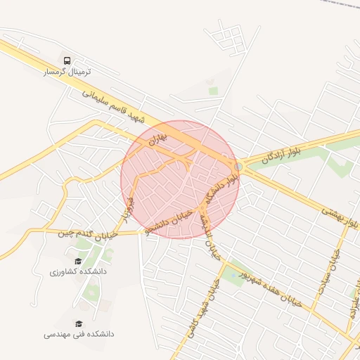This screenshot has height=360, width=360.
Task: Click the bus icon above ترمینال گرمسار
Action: pos(67,60)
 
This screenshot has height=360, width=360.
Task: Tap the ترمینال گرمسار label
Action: pos(67,72)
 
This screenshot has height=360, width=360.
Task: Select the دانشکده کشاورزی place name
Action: pos(78,271)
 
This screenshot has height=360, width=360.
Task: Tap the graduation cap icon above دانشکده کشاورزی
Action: pos(78,260)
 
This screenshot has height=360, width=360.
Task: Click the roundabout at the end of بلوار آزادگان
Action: pos(239,166)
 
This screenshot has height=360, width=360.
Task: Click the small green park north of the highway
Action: pos(213,91)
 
